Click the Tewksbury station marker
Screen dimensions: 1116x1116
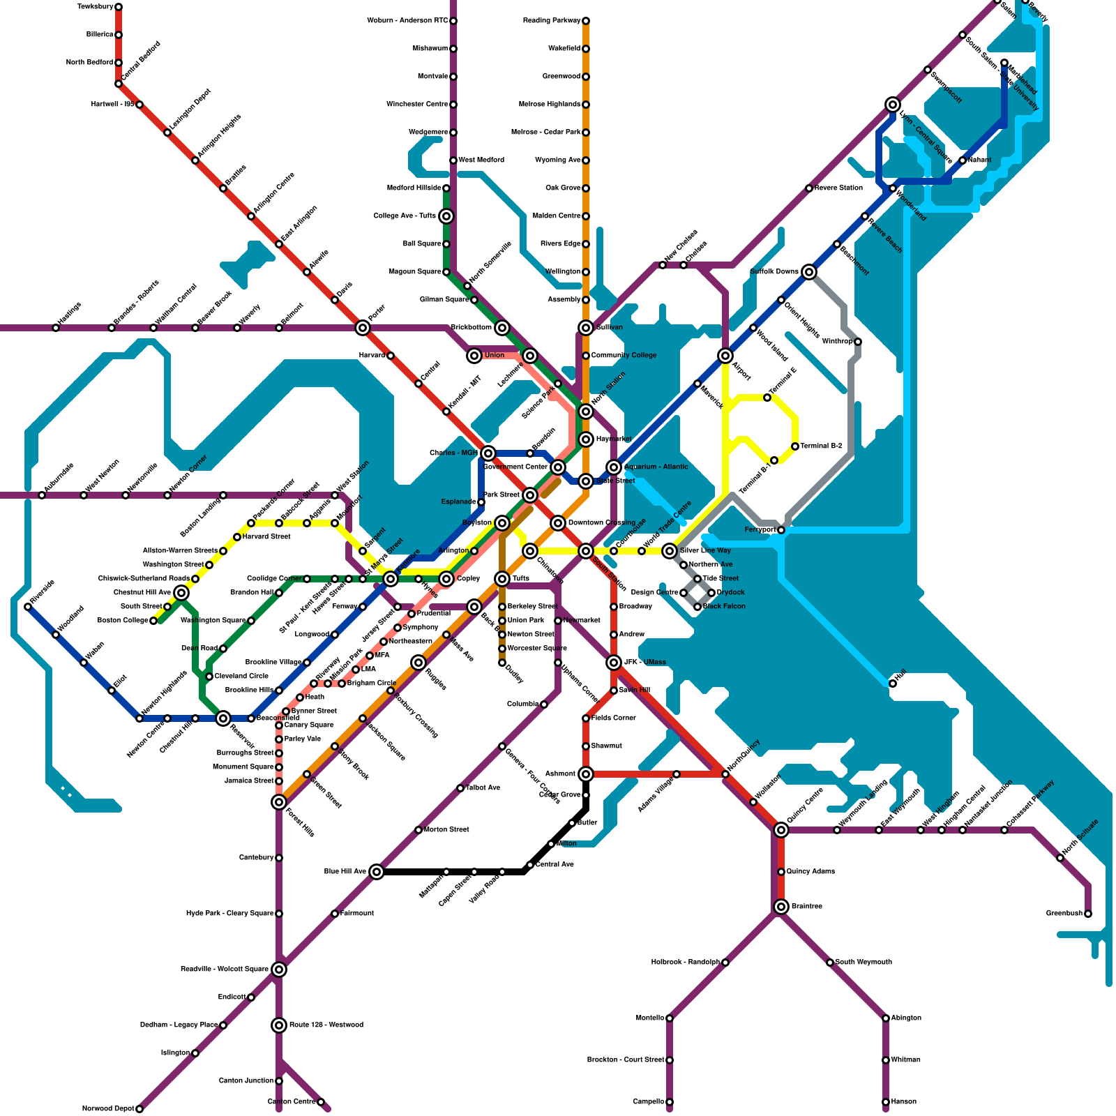[x=119, y=7]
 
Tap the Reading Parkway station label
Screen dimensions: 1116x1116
[x=552, y=21]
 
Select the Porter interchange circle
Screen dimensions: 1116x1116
[x=363, y=328]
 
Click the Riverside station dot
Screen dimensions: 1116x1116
[x=28, y=607]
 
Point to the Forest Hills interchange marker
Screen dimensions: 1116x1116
[x=279, y=802]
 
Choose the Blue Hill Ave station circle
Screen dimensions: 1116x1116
[x=377, y=872]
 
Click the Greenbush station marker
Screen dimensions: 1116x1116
[x=1088, y=914]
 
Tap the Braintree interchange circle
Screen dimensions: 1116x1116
[x=781, y=907]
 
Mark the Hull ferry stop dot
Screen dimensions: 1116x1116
[x=893, y=684]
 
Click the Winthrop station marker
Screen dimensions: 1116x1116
[x=858, y=342]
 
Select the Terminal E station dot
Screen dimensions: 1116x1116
[x=767, y=398]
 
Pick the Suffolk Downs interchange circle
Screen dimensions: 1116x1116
[x=809, y=272]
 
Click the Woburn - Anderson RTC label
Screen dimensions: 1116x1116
[x=407, y=21]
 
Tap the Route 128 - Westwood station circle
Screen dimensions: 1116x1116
[x=279, y=1025]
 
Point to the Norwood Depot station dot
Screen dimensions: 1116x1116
[x=139, y=1109]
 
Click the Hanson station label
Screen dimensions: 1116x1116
[x=904, y=1102]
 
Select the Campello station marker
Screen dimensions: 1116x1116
[x=670, y=1102]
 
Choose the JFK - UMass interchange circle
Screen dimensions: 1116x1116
[x=614, y=663]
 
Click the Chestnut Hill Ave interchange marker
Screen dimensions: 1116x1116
[x=181, y=593]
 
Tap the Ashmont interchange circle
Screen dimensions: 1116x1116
[x=586, y=774]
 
